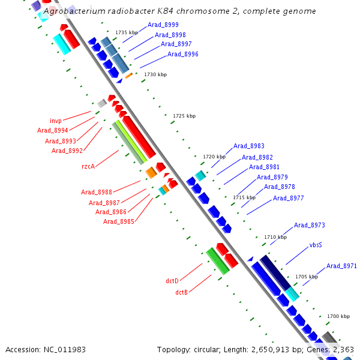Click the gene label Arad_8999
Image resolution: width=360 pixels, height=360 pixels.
coord(163,25)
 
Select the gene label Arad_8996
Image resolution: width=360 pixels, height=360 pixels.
coord(182,54)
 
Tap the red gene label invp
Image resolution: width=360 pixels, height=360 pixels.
coord(56,121)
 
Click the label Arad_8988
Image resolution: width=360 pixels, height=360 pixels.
coord(97,192)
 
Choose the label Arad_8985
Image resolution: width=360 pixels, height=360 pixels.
coord(118,221)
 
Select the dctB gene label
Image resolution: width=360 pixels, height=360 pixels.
coord(182,292)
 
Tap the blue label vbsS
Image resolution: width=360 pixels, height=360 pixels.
coord(316,245)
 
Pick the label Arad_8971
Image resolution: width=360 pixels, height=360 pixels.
coord(341,266)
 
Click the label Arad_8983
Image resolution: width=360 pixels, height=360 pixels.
coord(249,146)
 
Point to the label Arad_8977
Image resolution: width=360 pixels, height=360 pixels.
coord(288,198)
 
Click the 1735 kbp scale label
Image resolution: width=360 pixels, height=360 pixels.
coord(126,32)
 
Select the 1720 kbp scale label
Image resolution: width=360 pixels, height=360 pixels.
coord(214,157)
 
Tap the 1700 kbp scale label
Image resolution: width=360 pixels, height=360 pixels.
coord(338,316)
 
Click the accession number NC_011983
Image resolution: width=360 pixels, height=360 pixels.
coord(63,349)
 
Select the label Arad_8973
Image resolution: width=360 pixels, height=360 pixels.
coord(309,225)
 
